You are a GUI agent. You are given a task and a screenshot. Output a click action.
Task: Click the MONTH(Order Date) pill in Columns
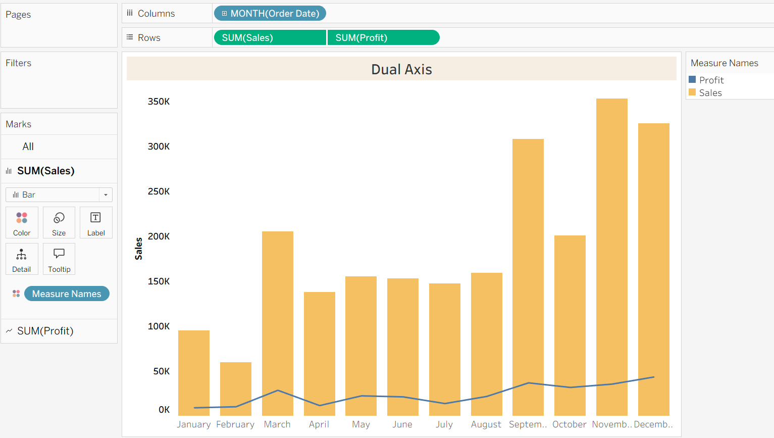(x=270, y=14)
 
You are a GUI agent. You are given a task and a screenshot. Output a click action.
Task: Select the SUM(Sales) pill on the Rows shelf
(x=270, y=38)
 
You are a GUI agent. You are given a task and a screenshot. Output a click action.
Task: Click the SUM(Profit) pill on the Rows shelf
(x=383, y=38)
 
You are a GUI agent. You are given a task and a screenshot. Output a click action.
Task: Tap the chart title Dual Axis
(x=401, y=69)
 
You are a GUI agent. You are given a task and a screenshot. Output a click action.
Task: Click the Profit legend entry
(x=711, y=80)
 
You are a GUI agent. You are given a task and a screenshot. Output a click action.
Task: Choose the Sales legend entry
(x=710, y=93)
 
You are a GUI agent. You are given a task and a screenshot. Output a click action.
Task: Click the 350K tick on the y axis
(x=159, y=102)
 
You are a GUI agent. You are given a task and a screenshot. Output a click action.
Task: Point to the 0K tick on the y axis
(x=164, y=410)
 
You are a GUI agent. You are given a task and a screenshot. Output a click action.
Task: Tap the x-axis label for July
(x=444, y=424)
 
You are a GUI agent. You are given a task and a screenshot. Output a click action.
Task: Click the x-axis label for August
(x=486, y=424)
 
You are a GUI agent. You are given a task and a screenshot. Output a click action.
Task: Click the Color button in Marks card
(x=22, y=223)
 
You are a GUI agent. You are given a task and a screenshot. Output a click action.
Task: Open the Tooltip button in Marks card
(x=59, y=259)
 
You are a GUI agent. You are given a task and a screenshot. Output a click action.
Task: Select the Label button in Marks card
(x=96, y=223)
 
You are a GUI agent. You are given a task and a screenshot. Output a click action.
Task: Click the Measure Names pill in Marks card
(x=67, y=294)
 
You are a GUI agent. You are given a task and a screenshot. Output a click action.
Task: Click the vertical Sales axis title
(x=138, y=249)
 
